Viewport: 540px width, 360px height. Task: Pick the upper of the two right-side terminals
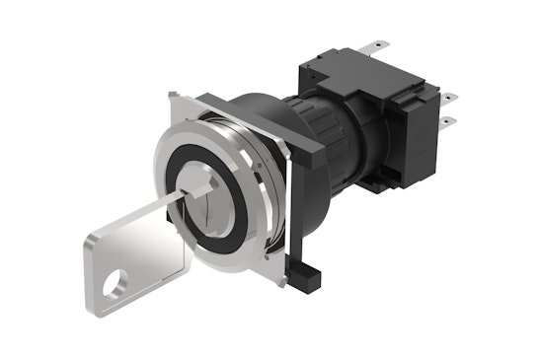pos(449,98)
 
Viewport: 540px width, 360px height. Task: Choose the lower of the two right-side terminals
pos(450,121)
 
